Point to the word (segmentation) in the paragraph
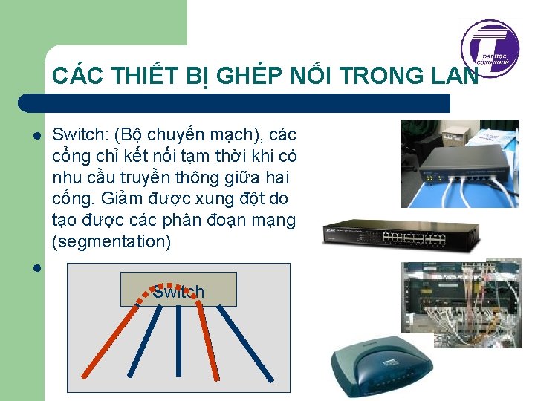tap(111, 241)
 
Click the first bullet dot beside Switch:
tap(35, 137)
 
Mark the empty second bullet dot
tap(35, 267)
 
